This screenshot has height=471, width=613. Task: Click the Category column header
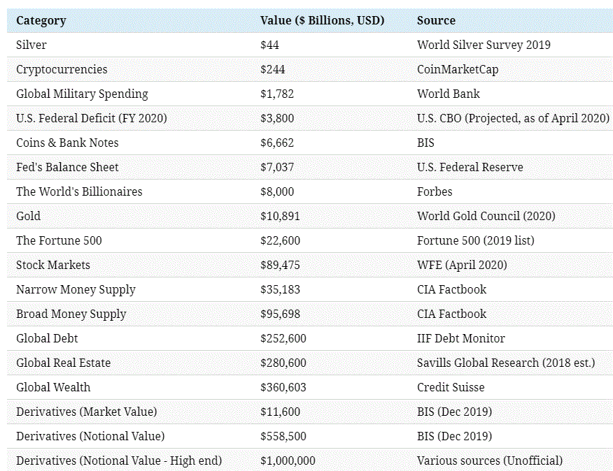pyautogui.click(x=41, y=20)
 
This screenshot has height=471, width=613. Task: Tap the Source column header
pyautogui.click(x=436, y=20)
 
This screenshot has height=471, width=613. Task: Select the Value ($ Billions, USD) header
pyautogui.click(x=323, y=20)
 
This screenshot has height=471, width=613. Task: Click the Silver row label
pyautogui.click(x=31, y=45)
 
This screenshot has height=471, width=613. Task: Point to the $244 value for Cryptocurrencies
pyautogui.click(x=272, y=69)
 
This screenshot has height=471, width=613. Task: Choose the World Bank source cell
pyautogui.click(x=449, y=94)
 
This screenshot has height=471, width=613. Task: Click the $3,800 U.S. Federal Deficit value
pyautogui.click(x=277, y=118)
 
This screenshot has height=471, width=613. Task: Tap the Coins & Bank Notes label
pyautogui.click(x=67, y=143)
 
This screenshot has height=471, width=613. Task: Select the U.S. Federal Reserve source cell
pyautogui.click(x=470, y=167)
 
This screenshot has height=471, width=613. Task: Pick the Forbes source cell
pyautogui.click(x=435, y=191)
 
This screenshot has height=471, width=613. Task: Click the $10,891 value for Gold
pyautogui.click(x=280, y=216)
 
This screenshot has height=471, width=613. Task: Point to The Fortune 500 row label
pyautogui.click(x=59, y=240)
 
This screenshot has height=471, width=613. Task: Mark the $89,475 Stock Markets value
pyautogui.click(x=280, y=265)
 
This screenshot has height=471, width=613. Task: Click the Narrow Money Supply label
pyautogui.click(x=76, y=289)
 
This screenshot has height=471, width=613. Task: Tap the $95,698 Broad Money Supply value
pyautogui.click(x=280, y=314)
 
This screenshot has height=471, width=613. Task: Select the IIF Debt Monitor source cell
pyautogui.click(x=460, y=338)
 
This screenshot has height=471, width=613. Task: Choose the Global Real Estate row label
pyautogui.click(x=63, y=363)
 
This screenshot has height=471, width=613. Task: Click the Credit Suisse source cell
pyautogui.click(x=451, y=387)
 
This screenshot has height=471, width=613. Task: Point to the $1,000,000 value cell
pyautogui.click(x=287, y=461)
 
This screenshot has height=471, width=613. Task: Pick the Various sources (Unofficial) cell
pyautogui.click(x=489, y=461)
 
